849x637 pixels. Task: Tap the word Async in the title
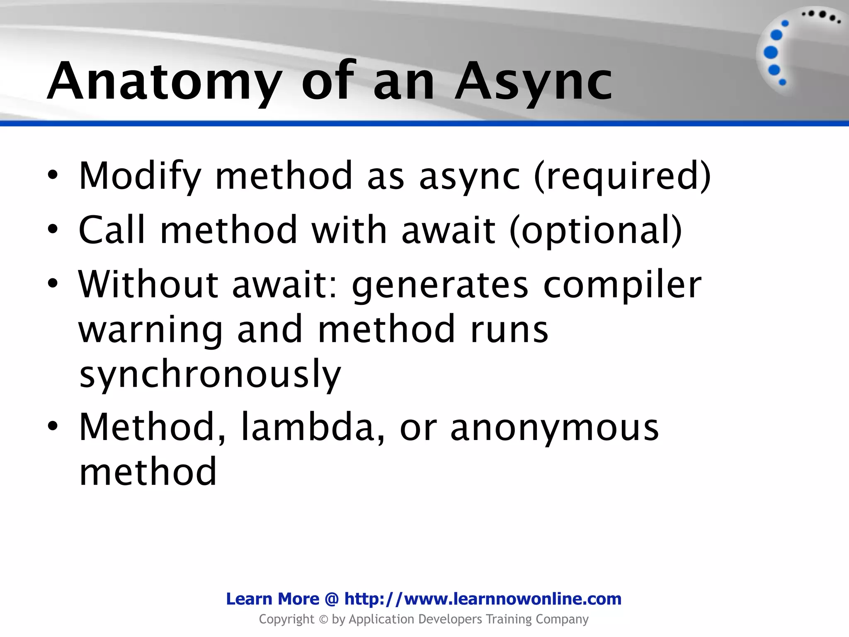pos(534,81)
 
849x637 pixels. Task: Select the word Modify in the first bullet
pos(140,176)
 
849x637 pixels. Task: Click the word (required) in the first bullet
pos(622,176)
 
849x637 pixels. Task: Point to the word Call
pos(112,230)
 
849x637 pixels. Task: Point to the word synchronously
pos(210,374)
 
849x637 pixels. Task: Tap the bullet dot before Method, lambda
pos(53,426)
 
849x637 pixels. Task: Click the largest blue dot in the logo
pos(771,53)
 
